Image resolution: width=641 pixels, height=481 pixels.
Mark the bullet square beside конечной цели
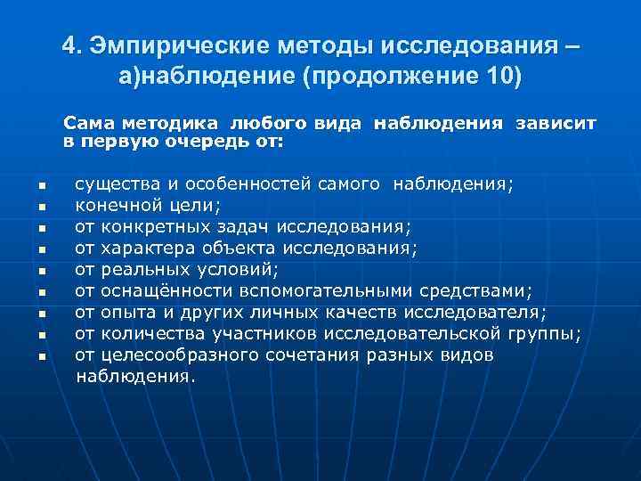(x=41, y=208)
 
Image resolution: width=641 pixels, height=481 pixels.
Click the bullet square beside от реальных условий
(x=41, y=272)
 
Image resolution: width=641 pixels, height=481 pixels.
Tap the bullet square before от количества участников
(x=41, y=336)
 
